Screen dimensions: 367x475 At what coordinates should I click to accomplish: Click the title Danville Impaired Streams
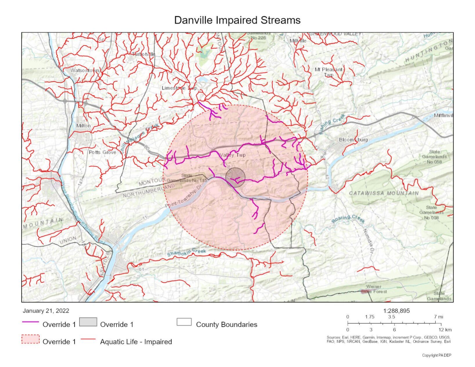coord(237,20)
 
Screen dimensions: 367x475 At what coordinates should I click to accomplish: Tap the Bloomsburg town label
coord(353,140)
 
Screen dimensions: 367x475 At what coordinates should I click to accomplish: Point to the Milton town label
coord(83,126)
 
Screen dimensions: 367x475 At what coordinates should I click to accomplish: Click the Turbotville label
coord(143,54)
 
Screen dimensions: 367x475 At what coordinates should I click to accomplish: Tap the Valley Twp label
coord(233,155)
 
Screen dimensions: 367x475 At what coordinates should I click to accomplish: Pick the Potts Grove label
coord(102,152)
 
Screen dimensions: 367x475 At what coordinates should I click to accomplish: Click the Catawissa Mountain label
coord(384,193)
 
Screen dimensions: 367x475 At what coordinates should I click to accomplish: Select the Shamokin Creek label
coord(186,252)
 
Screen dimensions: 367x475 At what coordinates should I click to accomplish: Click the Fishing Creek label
coord(332,124)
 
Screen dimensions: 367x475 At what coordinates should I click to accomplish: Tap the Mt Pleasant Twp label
coord(328,72)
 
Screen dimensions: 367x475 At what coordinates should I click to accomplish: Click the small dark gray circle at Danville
coord(235,177)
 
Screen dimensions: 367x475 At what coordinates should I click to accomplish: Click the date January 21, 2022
coord(46,311)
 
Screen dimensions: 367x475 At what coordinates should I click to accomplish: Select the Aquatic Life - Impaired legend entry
coord(136,341)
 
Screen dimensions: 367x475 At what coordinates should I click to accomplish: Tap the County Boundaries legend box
coord(184,322)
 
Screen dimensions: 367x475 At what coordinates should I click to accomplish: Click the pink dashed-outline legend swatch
coord(30,339)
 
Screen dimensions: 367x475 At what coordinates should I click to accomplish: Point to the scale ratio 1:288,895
coord(396,311)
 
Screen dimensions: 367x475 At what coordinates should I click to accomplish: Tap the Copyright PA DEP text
coord(436,355)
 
